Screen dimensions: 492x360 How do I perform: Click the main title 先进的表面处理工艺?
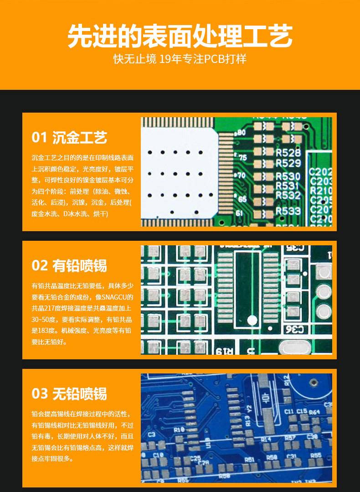point(180,36)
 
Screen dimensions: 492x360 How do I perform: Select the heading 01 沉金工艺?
point(69,137)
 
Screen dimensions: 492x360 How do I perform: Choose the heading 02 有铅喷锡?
point(69,265)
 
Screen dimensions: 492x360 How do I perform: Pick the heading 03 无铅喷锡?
point(69,394)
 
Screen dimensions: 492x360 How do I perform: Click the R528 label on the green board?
point(288,153)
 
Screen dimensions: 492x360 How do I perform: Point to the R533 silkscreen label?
point(288,211)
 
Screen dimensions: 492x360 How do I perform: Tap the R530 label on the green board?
point(288,176)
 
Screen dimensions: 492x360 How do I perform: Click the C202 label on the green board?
point(320,172)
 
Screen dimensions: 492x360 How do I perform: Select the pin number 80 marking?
point(241,133)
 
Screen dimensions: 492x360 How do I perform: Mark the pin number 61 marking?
point(239,213)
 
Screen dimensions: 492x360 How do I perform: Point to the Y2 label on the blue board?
point(248,409)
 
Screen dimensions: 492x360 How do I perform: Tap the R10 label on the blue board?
point(179,429)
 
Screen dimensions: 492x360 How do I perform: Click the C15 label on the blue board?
point(302,412)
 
